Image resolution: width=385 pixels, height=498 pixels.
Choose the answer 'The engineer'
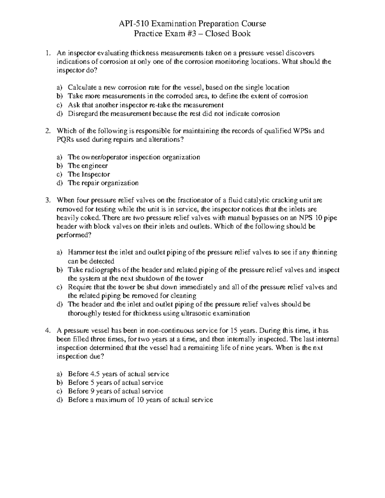(88, 166)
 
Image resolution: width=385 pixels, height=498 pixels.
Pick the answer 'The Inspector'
(89, 174)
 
